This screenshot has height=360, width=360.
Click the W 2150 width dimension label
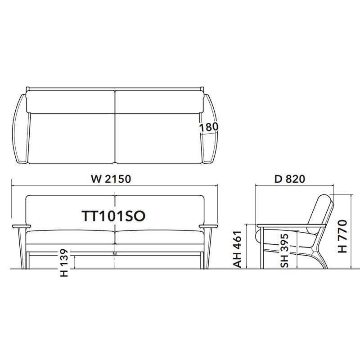[x=111, y=179]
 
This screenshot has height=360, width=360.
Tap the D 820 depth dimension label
[x=290, y=179]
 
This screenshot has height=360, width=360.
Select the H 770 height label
[x=342, y=236]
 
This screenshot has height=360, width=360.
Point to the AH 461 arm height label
[x=238, y=249]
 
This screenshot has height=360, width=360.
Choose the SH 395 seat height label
[x=284, y=251]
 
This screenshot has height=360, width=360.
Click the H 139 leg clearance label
[x=64, y=263]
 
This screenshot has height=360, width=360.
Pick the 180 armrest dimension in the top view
[x=208, y=127]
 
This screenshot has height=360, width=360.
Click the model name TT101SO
[x=114, y=216]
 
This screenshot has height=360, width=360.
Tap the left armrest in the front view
[x=21, y=226]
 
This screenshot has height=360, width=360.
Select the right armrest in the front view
[x=208, y=226]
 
